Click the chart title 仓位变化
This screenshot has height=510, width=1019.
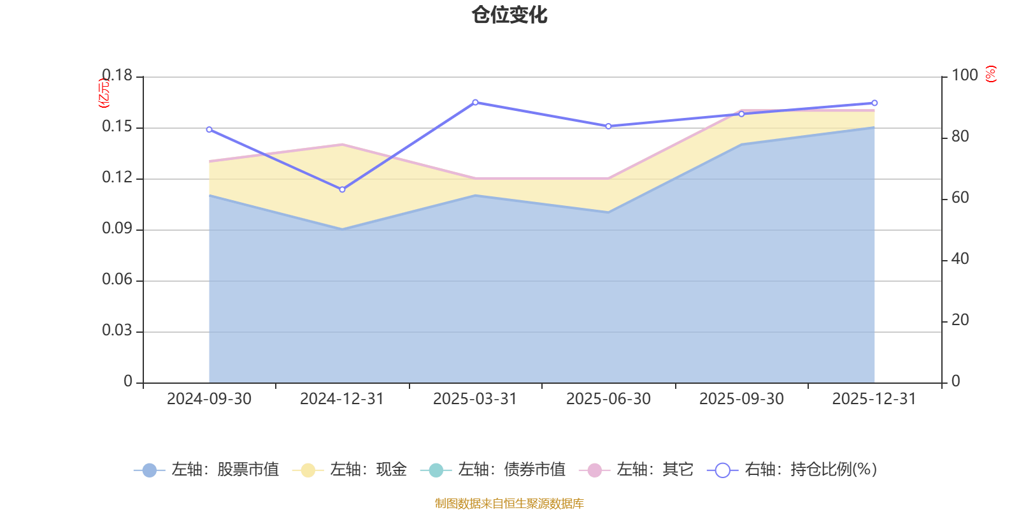(x=509, y=15)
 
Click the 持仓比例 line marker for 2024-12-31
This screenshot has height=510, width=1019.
(x=342, y=189)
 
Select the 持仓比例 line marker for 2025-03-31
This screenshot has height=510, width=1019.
(x=475, y=102)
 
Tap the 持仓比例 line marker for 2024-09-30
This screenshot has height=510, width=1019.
(x=209, y=129)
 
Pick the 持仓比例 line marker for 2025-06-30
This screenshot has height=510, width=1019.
(x=608, y=126)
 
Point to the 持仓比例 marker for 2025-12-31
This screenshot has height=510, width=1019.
(x=874, y=103)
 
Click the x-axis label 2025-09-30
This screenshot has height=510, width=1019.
(x=741, y=399)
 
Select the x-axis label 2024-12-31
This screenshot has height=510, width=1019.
(x=342, y=399)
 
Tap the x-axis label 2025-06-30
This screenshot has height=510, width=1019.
(x=608, y=399)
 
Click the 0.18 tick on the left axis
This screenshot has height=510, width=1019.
(x=117, y=76)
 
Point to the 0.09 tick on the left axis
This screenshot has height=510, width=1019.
(x=117, y=229)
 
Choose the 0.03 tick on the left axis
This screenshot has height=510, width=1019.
(x=117, y=331)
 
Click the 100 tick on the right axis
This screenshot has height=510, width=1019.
(x=964, y=76)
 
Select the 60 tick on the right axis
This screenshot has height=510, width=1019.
(x=960, y=198)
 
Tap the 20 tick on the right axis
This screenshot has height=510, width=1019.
(x=960, y=321)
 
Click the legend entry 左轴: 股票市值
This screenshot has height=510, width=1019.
(x=206, y=470)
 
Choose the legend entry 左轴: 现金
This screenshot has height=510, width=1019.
(x=350, y=470)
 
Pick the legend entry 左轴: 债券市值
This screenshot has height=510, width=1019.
(x=493, y=470)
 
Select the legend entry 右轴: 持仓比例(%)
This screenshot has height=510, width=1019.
(x=792, y=470)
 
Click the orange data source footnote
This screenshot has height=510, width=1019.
(x=509, y=504)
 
